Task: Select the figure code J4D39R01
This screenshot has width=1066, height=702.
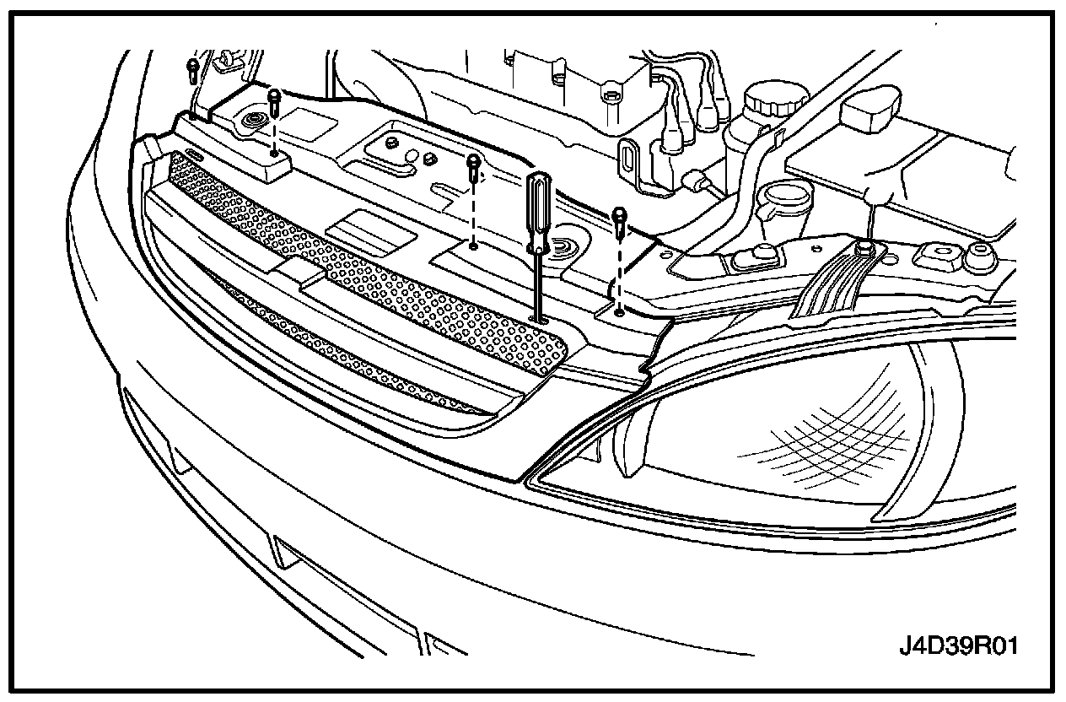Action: pos(958,647)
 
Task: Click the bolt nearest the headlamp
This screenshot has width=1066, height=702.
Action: pos(620,219)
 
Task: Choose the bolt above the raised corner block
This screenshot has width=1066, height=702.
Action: pos(274,101)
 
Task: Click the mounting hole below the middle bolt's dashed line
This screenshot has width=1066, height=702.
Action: pos(475,246)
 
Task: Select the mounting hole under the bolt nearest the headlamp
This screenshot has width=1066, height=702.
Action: pos(620,311)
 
